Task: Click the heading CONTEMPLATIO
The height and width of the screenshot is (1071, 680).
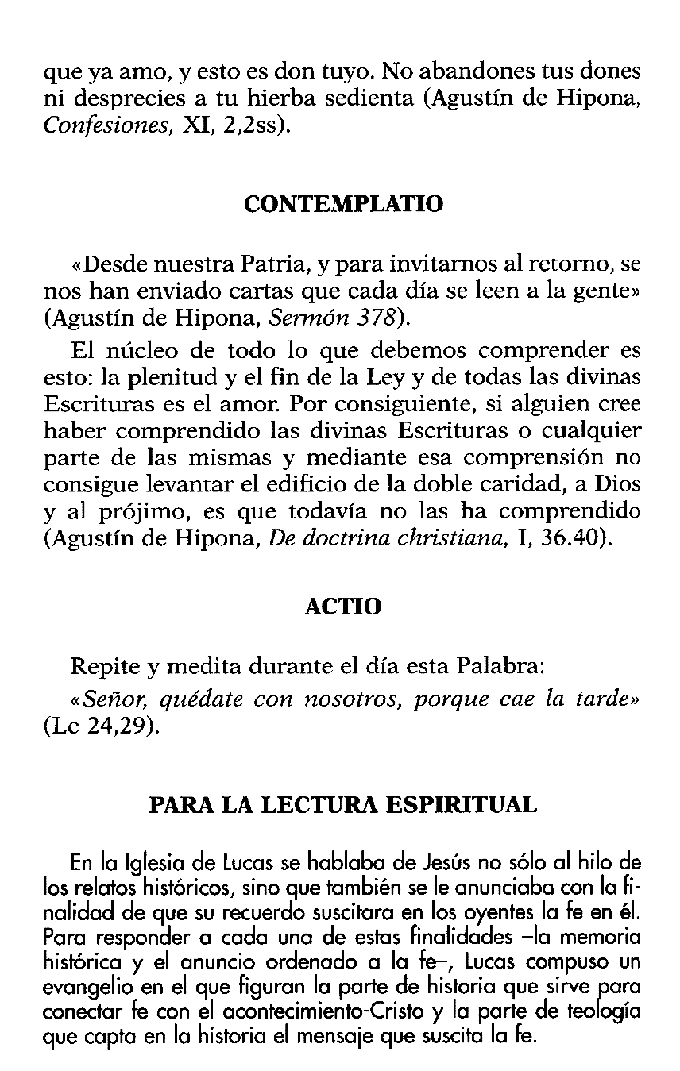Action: tap(343, 204)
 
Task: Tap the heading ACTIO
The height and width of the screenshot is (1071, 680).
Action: tap(343, 607)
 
